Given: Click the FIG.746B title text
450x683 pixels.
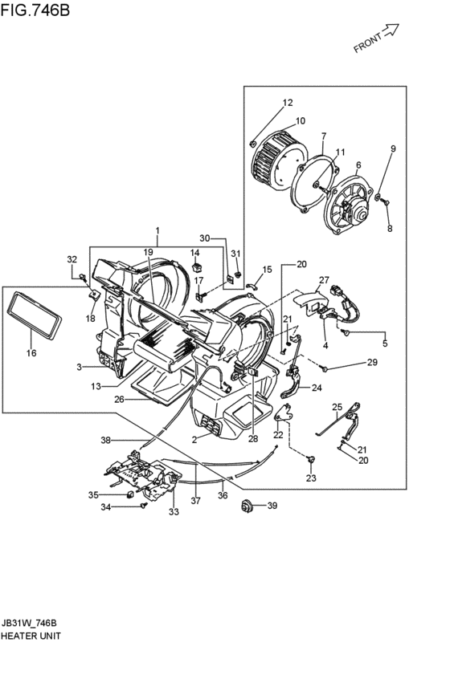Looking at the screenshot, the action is click(35, 10).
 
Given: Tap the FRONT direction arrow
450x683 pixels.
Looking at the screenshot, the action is click(390, 30).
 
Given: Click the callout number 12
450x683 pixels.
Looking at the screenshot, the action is click(288, 103).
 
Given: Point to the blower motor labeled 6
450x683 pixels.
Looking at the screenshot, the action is click(349, 204).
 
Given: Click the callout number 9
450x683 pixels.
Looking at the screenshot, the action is click(393, 149).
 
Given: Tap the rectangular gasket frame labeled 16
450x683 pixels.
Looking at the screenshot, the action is click(34, 314).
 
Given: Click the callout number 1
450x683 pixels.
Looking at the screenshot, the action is click(157, 230).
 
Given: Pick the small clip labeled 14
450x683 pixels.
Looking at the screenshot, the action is click(197, 266).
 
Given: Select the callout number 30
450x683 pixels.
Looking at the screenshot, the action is click(205, 238).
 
